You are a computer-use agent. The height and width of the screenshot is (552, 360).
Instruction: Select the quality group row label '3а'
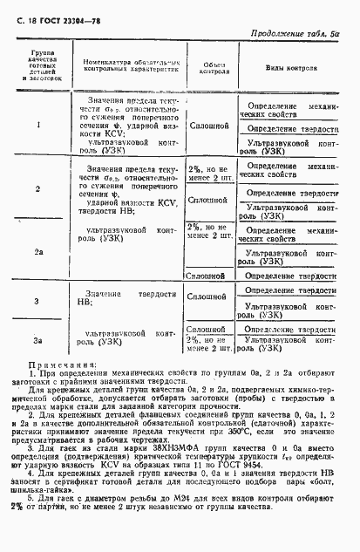38,339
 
